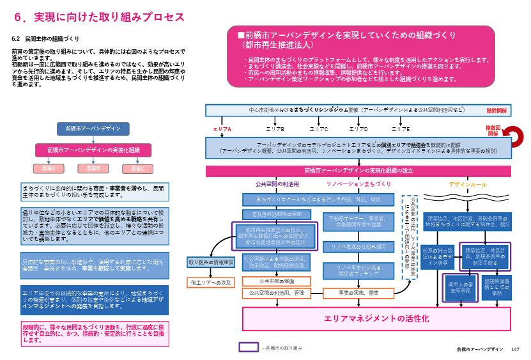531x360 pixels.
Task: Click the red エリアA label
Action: pos(222,129)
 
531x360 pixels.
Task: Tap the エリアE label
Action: pos(401,129)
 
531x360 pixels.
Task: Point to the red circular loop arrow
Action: pos(513,136)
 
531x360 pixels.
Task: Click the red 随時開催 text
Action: pos(496,111)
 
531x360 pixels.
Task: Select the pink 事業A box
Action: pos(49,168)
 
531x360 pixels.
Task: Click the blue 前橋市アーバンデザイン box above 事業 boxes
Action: pos(93,129)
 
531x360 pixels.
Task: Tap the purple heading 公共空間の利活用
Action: pos(277,184)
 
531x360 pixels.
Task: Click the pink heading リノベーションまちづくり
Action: pos(358,184)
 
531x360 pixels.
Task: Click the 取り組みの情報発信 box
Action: pos(211,262)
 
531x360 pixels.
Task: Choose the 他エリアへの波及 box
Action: pos(211,282)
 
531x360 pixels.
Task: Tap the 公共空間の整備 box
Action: pos(277,281)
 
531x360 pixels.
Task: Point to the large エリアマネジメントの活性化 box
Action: pos(377,318)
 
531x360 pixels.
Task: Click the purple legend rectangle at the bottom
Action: pos(249,347)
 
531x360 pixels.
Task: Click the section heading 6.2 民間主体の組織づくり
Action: pos(45,39)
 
